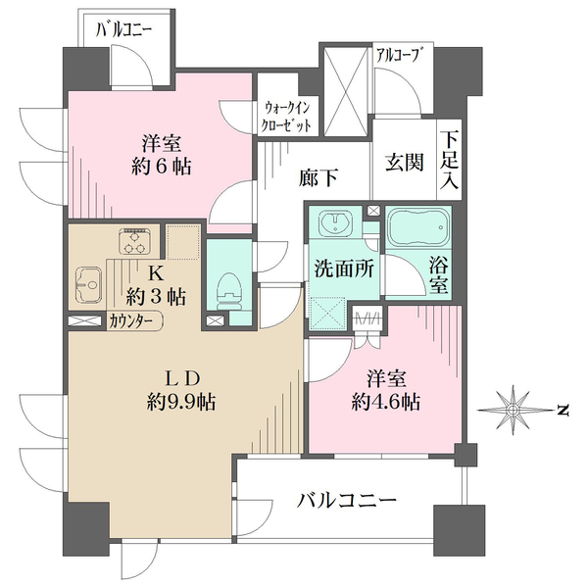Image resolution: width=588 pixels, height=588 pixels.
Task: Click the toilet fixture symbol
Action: tap(228, 291)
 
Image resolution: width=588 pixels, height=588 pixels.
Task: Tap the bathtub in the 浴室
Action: tap(418, 227)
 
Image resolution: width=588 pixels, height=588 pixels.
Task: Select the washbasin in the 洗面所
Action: tap(335, 223)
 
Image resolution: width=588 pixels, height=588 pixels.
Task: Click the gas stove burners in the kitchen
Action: tap(134, 242)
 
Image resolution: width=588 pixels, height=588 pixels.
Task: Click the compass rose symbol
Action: tap(513, 410)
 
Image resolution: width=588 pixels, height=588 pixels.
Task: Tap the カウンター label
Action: tap(130, 321)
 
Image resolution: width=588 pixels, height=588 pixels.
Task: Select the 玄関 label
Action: tap(404, 162)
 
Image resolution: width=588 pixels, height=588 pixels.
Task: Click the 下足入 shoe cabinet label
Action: tap(449, 161)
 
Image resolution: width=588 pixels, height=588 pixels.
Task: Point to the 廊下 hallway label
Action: tap(318, 177)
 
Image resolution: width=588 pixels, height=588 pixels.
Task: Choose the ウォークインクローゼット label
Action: tap(287, 117)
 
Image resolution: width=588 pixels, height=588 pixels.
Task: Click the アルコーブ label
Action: tap(397, 55)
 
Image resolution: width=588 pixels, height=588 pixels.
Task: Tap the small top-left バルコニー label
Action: tap(124, 30)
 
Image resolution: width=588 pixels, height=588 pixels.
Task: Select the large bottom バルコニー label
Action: tap(346, 500)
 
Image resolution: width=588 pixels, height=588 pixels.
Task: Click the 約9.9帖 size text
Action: tap(180, 403)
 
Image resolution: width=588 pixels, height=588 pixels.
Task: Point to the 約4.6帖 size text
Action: tap(385, 402)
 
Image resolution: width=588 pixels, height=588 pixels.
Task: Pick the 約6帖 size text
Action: tap(162, 167)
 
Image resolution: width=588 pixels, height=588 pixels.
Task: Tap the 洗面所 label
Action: tap(344, 268)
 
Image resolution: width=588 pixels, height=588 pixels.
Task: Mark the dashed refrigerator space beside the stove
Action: tap(183, 242)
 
